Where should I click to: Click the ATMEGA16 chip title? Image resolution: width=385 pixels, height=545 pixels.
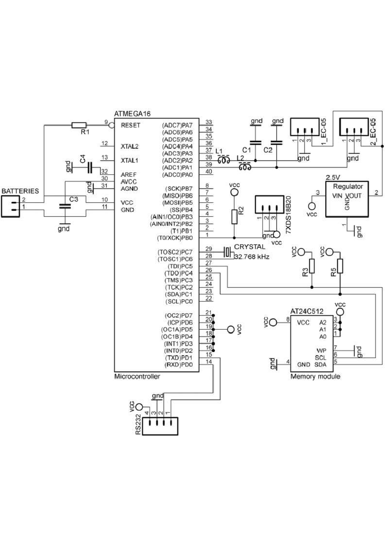coord(132,114)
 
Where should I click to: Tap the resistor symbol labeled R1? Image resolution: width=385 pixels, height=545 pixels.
coord(79,125)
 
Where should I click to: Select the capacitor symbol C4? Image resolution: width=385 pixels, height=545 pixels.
coord(90,168)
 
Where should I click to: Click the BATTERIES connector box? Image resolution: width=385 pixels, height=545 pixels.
coord(10,206)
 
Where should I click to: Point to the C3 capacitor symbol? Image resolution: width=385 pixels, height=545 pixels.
coord(65,206)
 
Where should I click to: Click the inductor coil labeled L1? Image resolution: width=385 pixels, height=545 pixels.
coord(224,160)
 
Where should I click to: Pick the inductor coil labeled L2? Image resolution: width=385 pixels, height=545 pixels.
coord(245,167)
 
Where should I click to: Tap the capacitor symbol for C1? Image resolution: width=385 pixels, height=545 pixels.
coord(255,143)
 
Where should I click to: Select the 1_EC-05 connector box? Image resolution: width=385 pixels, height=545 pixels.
coord(305,127)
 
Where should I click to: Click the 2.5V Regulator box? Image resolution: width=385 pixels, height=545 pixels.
coord(347,199)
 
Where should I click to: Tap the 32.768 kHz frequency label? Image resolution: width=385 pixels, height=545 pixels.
coord(252,257)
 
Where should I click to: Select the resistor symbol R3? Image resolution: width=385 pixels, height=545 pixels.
coord(312,266)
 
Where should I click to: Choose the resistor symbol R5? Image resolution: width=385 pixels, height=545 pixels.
coord(340,266)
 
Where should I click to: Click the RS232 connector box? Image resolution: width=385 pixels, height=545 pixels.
coord(160,426)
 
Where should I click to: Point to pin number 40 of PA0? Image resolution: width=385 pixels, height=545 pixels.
coord(209,172)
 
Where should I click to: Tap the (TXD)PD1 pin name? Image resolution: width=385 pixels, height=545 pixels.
coord(179,358)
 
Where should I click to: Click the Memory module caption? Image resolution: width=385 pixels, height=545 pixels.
coord(315,376)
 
